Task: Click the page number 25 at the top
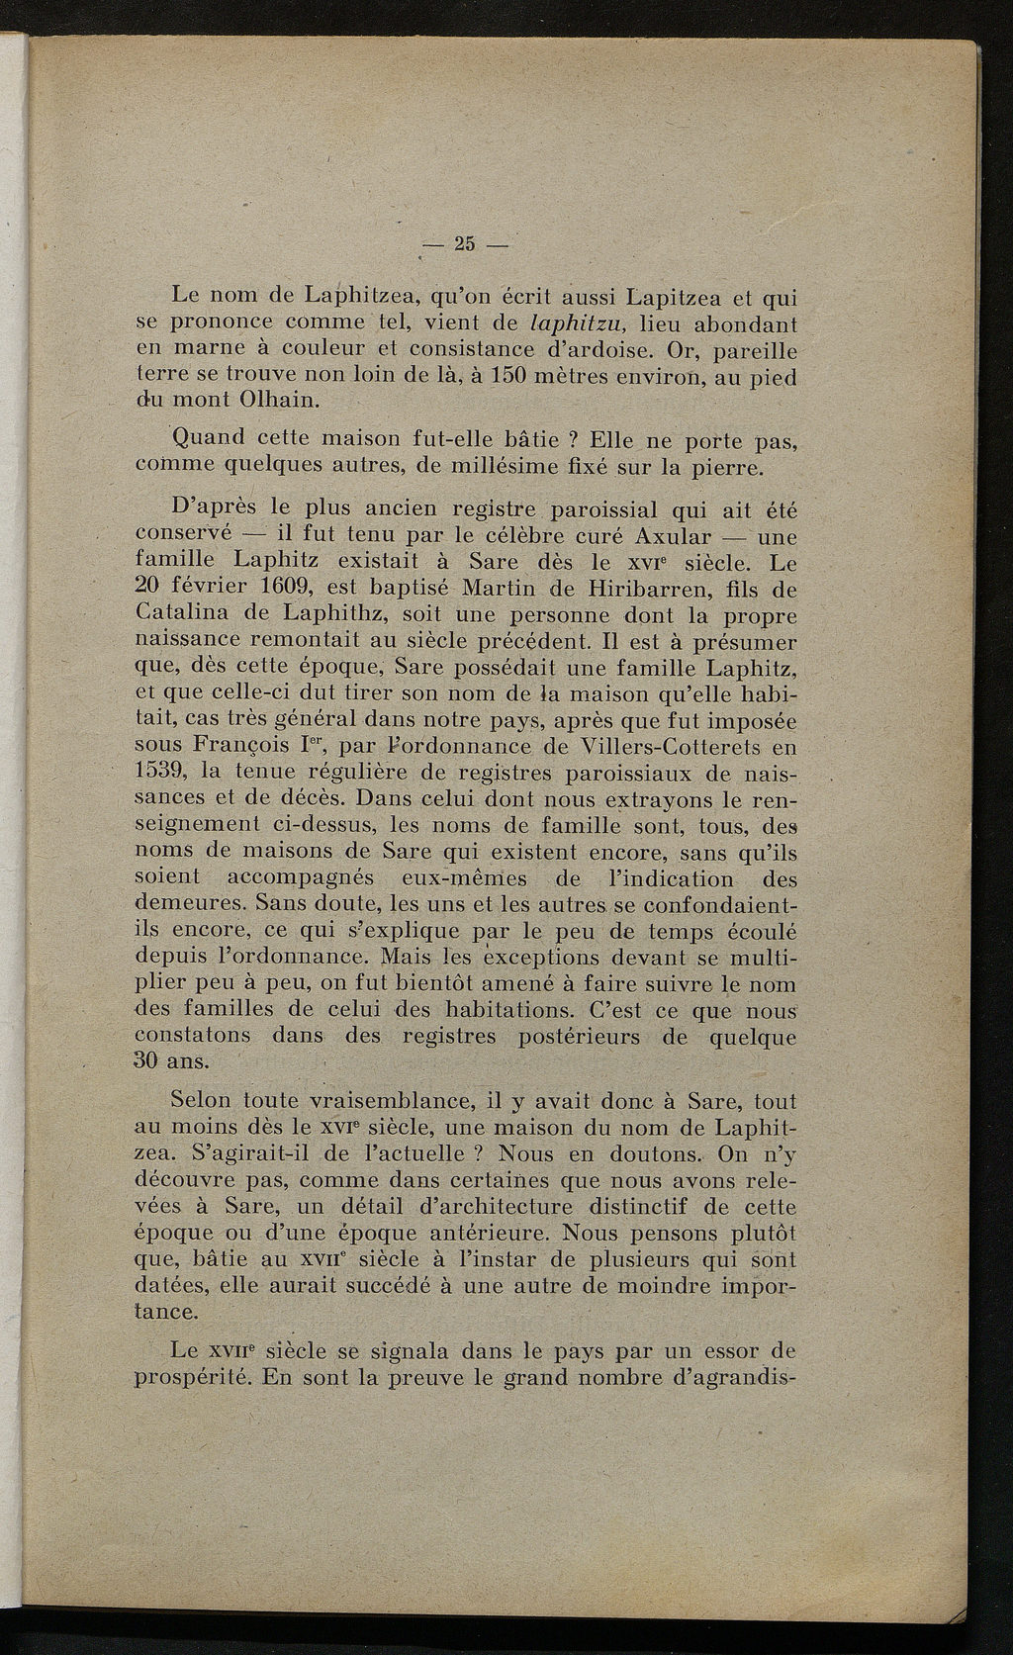click(x=464, y=244)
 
